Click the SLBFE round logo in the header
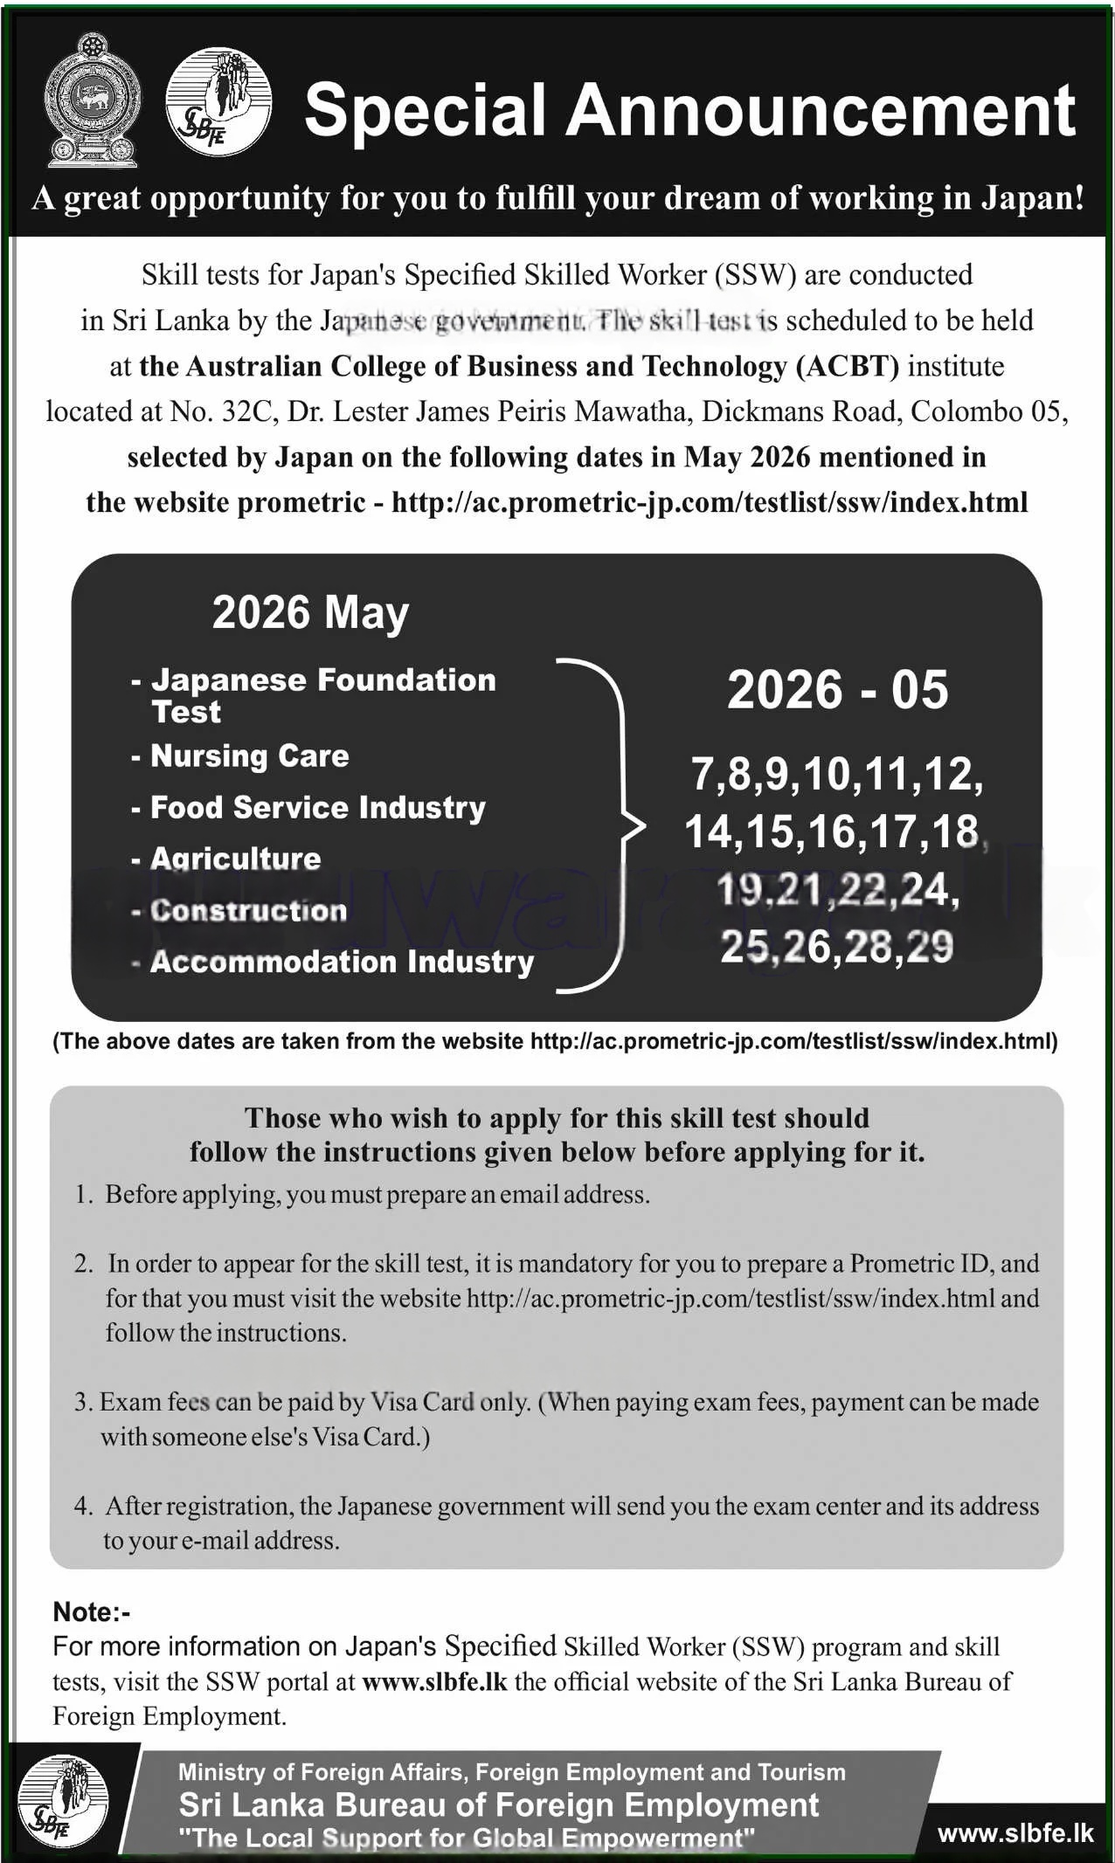pyautogui.click(x=218, y=102)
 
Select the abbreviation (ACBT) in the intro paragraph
pyautogui.click(x=847, y=366)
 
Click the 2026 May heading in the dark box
pyautogui.click(x=310, y=612)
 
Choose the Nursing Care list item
pyautogui.click(x=249, y=756)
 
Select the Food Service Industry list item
pyautogui.click(x=317, y=807)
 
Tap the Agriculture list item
pyautogui.click(x=235, y=859)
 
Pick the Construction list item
pyautogui.click(x=248, y=910)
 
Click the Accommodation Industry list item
pyautogui.click(x=342, y=962)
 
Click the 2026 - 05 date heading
pyautogui.click(x=837, y=689)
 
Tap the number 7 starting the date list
pyautogui.click(x=702, y=774)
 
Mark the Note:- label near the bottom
pyautogui.click(x=92, y=1612)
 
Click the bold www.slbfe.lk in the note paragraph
pyautogui.click(x=434, y=1681)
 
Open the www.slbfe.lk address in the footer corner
pyautogui.click(x=1015, y=1832)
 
